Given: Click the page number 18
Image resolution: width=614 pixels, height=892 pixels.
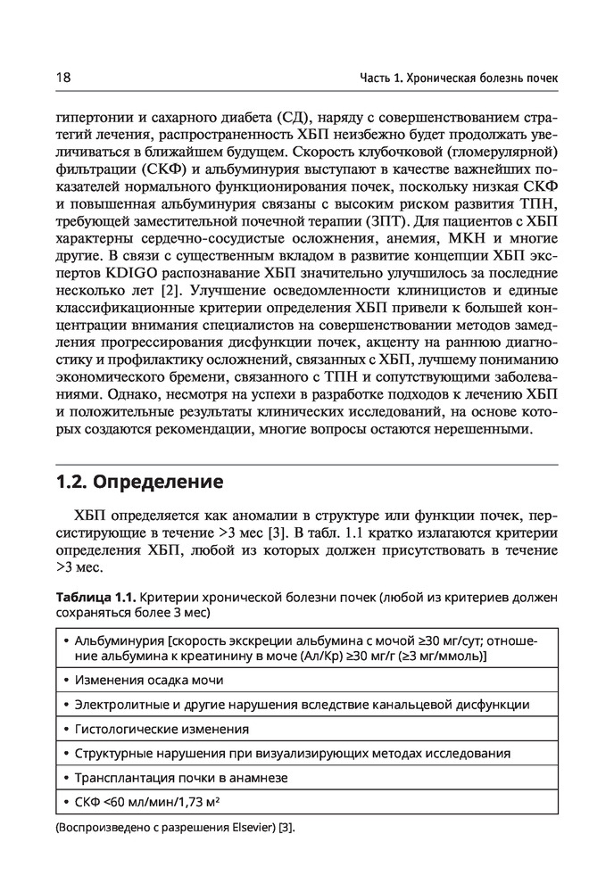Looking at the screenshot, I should point(63,78).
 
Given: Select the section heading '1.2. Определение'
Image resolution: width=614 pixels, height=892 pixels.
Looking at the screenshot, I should point(139,483).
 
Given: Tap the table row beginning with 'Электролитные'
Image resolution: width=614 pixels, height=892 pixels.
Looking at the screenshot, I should point(302,705).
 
